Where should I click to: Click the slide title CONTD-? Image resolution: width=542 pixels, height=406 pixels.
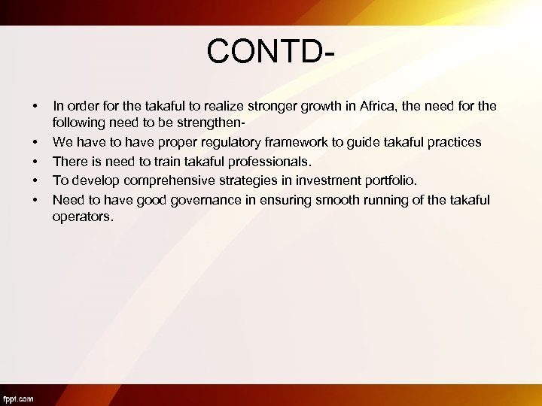(x=271, y=52)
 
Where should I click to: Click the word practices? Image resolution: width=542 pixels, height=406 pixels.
(x=452, y=142)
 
